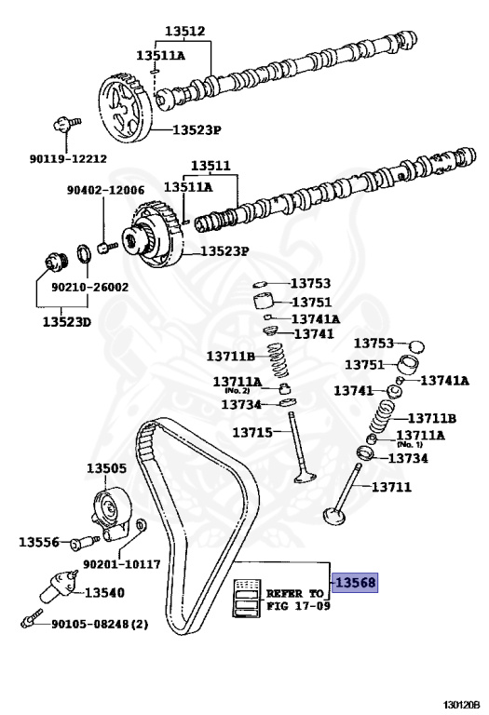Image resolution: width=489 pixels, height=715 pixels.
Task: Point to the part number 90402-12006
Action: pyautogui.click(x=105, y=190)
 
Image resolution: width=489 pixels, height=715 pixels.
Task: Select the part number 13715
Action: pyautogui.click(x=252, y=433)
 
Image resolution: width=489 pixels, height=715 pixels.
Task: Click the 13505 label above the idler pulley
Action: pyautogui.click(x=107, y=469)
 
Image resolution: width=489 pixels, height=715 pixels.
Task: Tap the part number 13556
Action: pyautogui.click(x=39, y=541)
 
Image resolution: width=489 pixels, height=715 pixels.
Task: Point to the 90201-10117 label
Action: pyautogui.click(x=122, y=564)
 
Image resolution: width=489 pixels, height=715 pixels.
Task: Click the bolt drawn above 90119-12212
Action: pyautogui.click(x=64, y=122)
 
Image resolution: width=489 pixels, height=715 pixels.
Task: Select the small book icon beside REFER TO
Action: pyautogui.click(x=246, y=596)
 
